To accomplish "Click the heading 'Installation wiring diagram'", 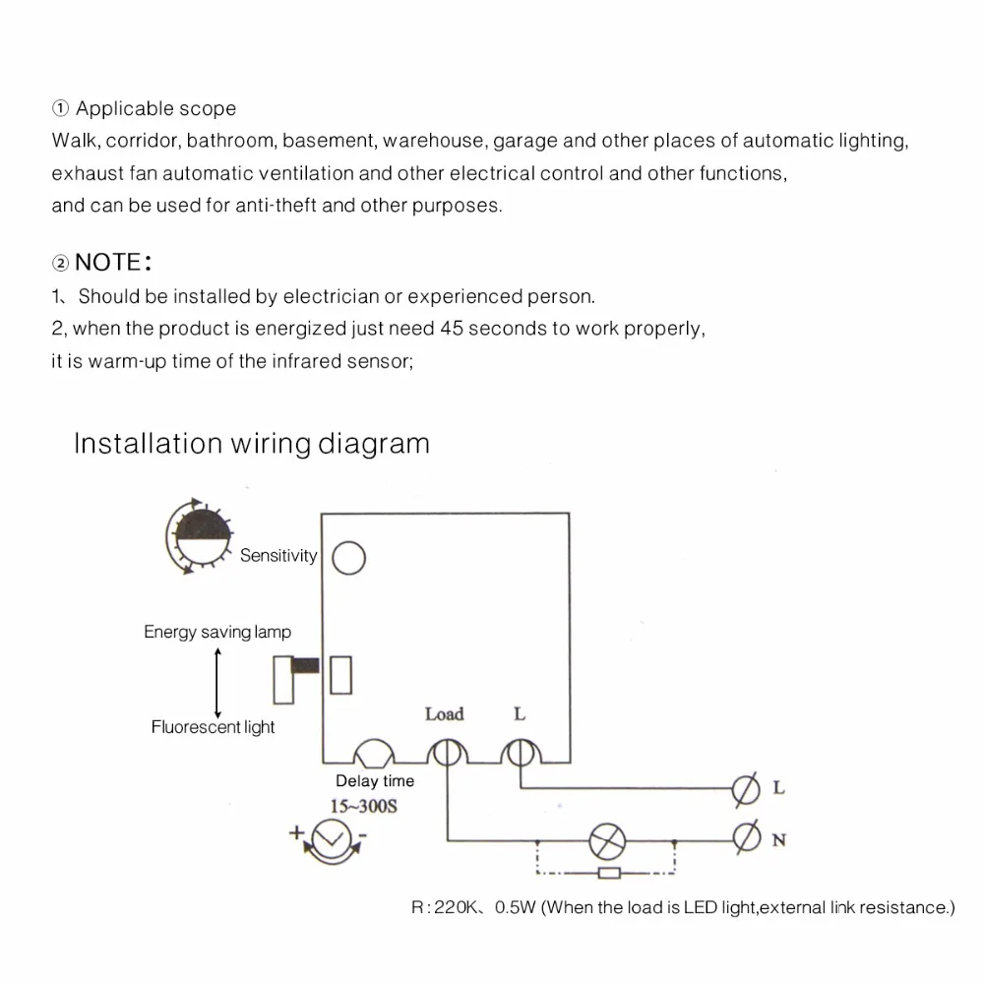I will [252, 444].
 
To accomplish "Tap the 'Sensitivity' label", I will [278, 556].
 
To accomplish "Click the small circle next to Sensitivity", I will [349, 558].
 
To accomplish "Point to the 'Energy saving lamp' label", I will [217, 632].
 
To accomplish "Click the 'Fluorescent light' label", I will [213, 727].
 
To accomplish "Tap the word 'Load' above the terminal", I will [444, 714].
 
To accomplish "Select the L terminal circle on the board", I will [519, 753].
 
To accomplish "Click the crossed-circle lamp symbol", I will [606, 840].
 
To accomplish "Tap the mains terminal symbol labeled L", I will [747, 788].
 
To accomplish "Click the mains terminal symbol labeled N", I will [747, 838].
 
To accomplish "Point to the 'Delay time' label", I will [375, 781].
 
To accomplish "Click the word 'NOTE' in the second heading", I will [108, 263].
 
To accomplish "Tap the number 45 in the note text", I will [452, 329].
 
